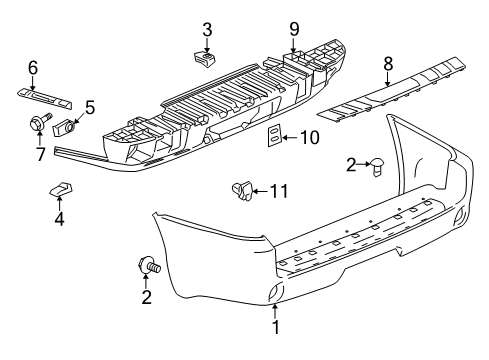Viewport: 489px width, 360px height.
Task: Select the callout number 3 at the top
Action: coord(206,28)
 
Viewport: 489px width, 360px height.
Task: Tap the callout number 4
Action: coord(59,217)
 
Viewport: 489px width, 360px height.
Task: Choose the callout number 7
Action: coord(39,154)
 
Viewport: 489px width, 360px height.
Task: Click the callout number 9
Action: coord(294,28)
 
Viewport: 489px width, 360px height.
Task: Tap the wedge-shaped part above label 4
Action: coord(60,187)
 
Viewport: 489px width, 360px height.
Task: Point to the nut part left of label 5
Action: coord(70,127)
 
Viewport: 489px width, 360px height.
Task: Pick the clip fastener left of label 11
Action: coord(241,187)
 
